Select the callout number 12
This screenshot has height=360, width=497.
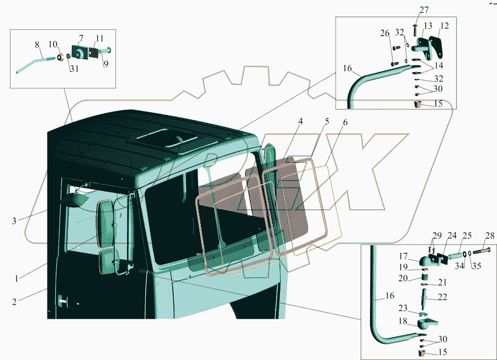(444, 26)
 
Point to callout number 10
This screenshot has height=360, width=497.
(53, 44)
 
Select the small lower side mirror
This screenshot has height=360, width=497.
(109, 261)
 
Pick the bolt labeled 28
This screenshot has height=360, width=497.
(480, 253)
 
